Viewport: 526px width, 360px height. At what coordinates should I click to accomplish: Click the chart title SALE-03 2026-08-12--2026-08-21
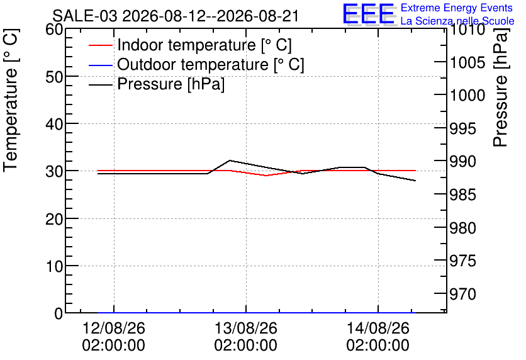[176, 16]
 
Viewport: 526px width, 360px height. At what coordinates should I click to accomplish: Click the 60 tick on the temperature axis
[54, 30]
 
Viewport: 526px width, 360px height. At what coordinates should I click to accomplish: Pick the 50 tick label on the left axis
[54, 77]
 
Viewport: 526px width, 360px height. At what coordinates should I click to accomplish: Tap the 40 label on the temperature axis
[54, 124]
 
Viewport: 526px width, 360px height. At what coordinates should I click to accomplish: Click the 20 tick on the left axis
[54, 219]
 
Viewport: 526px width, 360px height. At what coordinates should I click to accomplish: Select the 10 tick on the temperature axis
[54, 266]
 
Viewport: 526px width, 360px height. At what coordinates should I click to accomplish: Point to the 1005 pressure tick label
[467, 62]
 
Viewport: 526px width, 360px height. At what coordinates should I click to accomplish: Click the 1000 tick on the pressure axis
[467, 95]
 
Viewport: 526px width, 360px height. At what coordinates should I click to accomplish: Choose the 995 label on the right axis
[463, 128]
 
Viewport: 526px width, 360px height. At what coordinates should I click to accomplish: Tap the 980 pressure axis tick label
[463, 228]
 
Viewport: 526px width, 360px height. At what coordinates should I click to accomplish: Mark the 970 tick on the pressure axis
[463, 295]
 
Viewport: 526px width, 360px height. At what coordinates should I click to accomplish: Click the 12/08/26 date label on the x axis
[114, 328]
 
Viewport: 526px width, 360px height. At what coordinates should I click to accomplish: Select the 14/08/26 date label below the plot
[378, 328]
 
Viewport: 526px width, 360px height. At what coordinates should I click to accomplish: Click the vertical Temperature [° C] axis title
[11, 101]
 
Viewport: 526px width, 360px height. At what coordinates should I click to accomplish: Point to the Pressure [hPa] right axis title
[500, 88]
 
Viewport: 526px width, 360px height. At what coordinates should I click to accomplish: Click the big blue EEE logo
[368, 14]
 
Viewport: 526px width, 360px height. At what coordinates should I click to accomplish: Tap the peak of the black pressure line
[230, 160]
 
